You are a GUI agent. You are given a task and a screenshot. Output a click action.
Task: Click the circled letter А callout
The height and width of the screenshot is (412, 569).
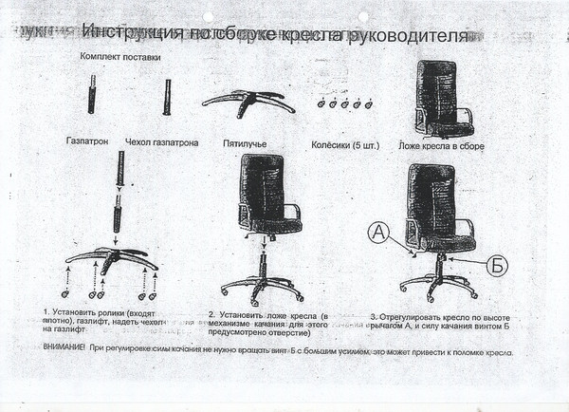pos(377,232)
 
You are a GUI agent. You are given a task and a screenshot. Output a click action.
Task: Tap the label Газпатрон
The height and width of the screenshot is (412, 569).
pos(87,142)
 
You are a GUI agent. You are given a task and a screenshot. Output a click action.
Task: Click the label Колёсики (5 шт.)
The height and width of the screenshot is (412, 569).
pos(345,144)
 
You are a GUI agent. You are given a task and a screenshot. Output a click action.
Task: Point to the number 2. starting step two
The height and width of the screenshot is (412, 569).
pos(211,314)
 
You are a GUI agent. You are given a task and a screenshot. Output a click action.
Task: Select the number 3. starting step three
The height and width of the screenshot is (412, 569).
pos(374,314)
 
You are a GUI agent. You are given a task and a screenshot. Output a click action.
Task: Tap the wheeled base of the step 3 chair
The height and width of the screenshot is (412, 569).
pos(438,283)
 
